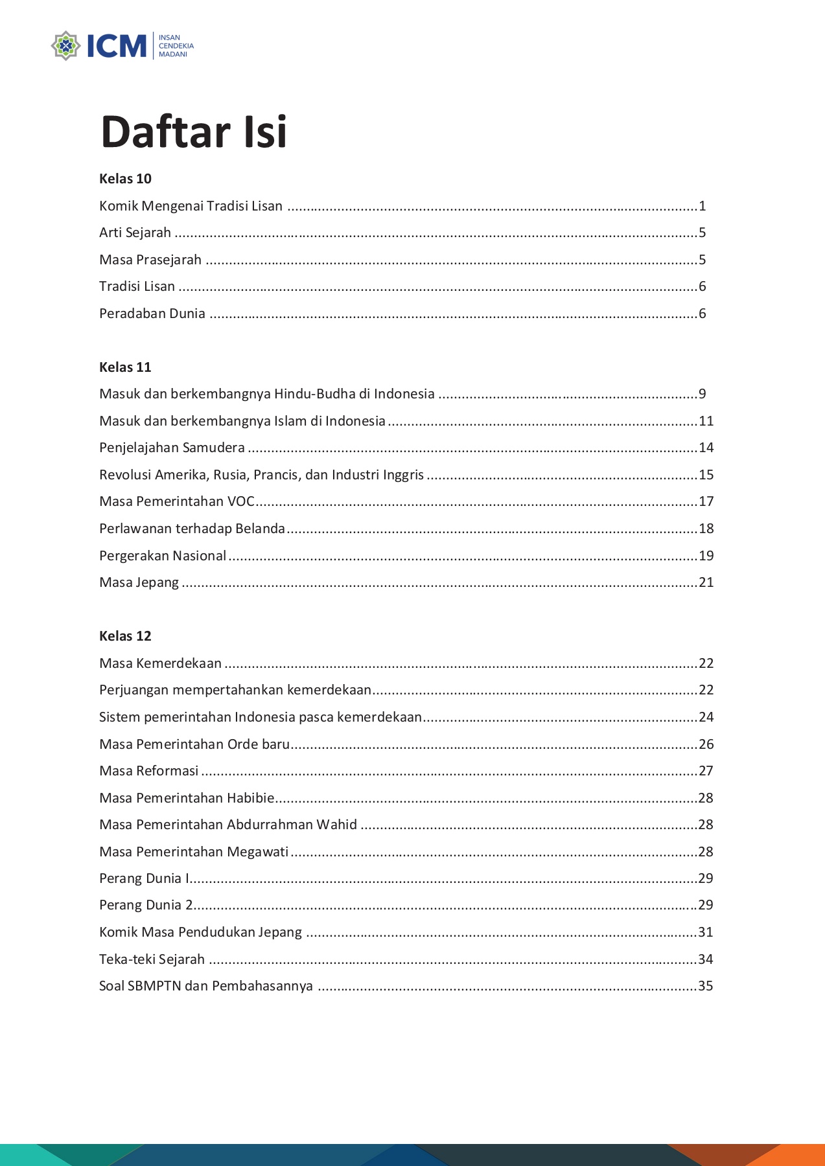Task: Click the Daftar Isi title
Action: pyautogui.click(x=194, y=132)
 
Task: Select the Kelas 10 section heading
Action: pyautogui.click(x=125, y=179)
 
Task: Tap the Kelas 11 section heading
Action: pyautogui.click(x=125, y=367)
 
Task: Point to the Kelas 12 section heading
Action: pyautogui.click(x=125, y=636)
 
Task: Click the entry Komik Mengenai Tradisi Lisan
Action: pyautogui.click(x=191, y=206)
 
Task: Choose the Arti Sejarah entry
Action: pyautogui.click(x=135, y=233)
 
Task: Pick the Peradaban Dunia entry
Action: pyautogui.click(x=152, y=314)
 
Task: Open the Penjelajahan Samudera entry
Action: pyautogui.click(x=172, y=448)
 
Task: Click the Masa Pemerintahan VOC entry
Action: pyautogui.click(x=177, y=501)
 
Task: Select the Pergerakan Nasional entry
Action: pyautogui.click(x=163, y=556)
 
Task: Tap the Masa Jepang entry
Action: pyautogui.click(x=139, y=582)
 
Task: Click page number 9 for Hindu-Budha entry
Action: pyautogui.click(x=703, y=394)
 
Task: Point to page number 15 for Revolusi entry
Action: pyautogui.click(x=706, y=475)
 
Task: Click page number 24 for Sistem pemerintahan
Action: pyautogui.click(x=706, y=717)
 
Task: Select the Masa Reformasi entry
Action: pyautogui.click(x=149, y=771)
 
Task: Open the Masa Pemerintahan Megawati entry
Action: pyautogui.click(x=194, y=852)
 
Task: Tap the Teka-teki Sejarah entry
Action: pyautogui.click(x=152, y=959)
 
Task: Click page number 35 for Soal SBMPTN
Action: pyautogui.click(x=706, y=986)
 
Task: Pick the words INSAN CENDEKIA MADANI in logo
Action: pyautogui.click(x=176, y=46)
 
